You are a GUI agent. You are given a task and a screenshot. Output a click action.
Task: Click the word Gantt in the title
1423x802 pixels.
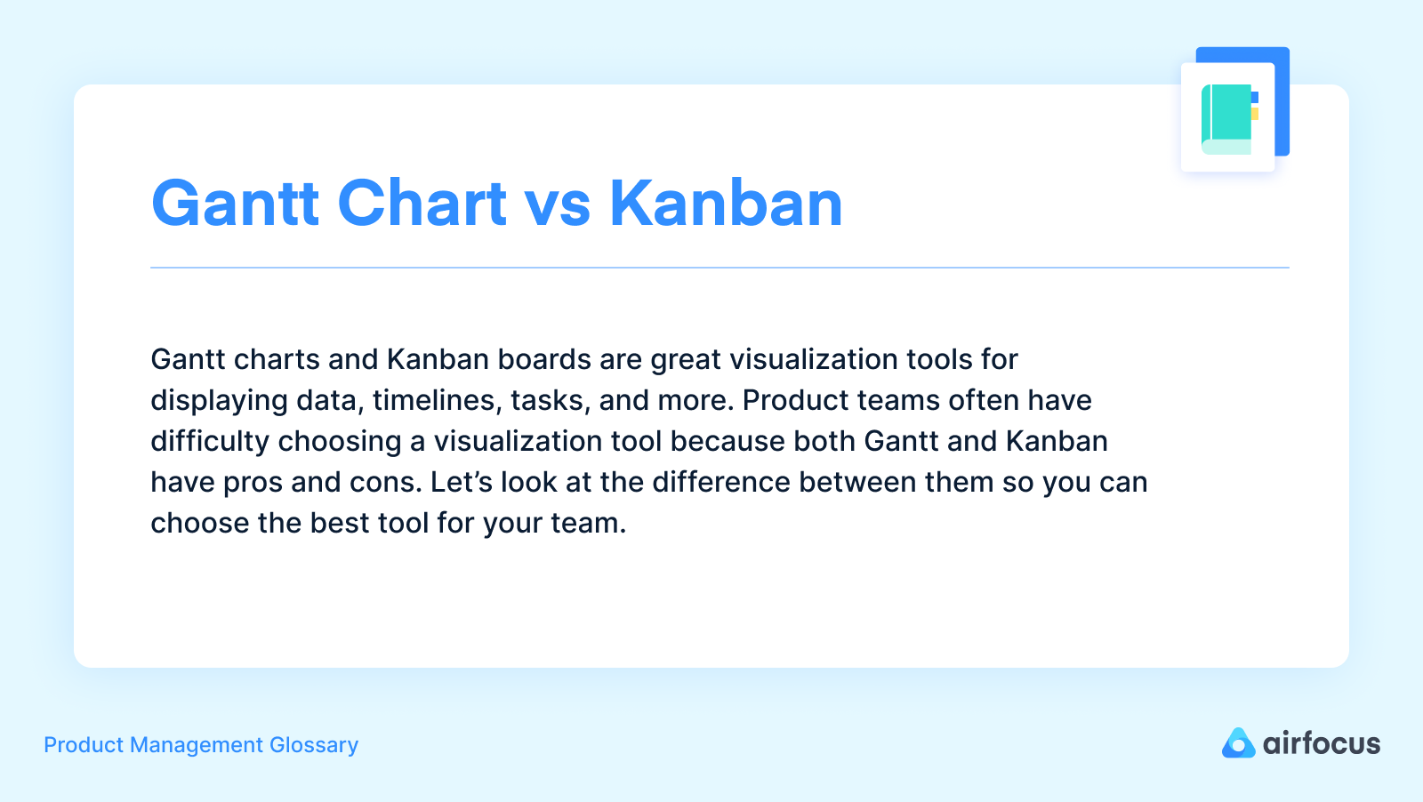[235, 204]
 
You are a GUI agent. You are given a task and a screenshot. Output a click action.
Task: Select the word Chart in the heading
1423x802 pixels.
[422, 204]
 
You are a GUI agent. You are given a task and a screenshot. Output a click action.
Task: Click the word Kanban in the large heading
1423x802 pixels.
[726, 204]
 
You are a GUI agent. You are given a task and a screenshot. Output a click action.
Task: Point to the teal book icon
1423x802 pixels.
[1227, 118]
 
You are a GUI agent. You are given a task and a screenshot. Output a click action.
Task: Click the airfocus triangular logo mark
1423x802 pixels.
[1238, 743]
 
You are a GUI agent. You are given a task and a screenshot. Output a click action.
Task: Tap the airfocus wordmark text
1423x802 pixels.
[1322, 743]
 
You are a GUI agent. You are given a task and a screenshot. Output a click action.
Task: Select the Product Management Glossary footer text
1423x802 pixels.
[201, 745]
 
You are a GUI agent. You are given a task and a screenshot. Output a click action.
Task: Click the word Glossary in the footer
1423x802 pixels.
[314, 745]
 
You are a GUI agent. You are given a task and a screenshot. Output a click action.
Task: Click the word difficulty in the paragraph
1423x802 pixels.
[210, 441]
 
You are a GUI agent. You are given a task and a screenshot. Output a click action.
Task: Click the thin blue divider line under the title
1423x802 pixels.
[720, 268]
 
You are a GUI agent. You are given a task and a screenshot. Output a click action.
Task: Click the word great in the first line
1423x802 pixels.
[686, 359]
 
